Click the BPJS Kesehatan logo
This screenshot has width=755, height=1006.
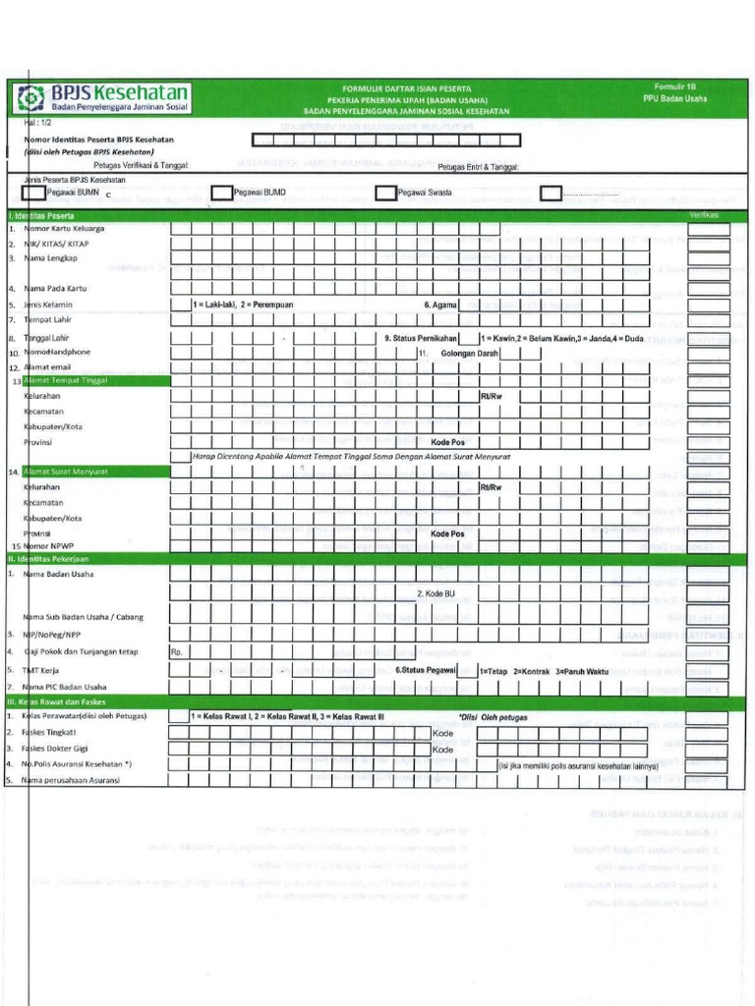tap(102, 98)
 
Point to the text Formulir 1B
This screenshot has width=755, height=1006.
tap(673, 86)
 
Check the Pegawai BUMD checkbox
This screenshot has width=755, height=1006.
tap(222, 193)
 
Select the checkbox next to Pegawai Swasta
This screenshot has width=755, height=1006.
tap(386, 193)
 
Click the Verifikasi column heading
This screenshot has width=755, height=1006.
tap(704, 214)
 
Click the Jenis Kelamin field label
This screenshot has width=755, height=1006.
tap(49, 305)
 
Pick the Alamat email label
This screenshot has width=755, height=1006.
tap(48, 366)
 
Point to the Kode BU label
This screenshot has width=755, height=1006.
tap(436, 593)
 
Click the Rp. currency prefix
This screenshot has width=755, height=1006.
tap(177, 651)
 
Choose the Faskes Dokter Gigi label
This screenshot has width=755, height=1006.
tap(62, 748)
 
